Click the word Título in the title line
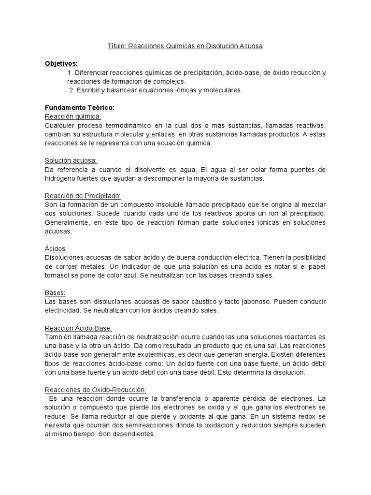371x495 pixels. click(115, 46)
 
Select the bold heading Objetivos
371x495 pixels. click(61, 64)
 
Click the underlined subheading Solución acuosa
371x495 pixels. click(71, 160)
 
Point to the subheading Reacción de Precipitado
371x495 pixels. click(82, 195)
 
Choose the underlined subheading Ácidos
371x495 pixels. click(56, 248)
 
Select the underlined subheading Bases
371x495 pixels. click(55, 292)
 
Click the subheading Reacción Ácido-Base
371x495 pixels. click(78, 327)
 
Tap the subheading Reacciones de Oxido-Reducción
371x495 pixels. click(95, 389)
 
